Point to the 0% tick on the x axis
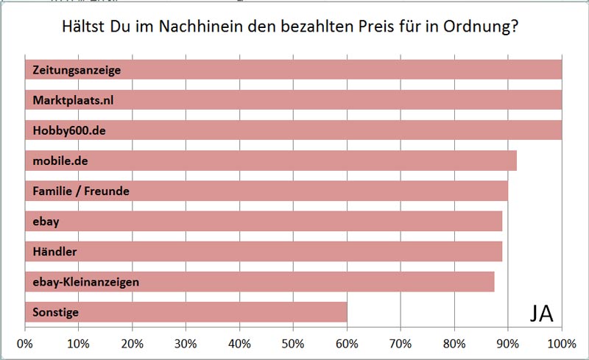25,344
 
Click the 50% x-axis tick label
293,344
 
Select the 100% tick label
561,344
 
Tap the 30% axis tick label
186,344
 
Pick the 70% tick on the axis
401,344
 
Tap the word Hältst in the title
79,29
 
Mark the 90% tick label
508,344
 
